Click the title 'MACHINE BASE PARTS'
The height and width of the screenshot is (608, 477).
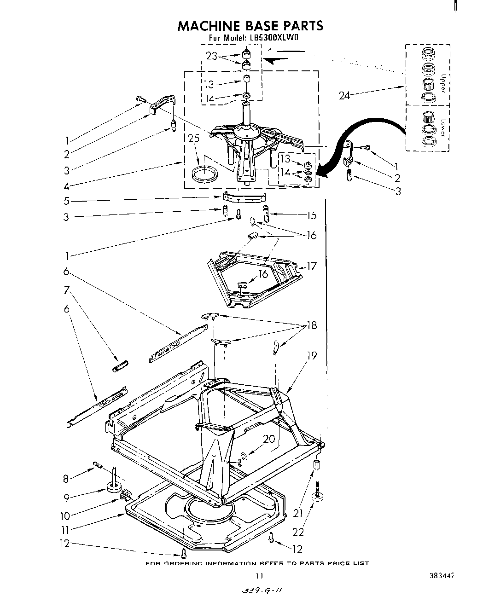click(250, 26)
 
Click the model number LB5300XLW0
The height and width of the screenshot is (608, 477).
click(276, 39)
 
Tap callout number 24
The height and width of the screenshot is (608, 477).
click(344, 95)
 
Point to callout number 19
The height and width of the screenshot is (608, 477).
click(312, 355)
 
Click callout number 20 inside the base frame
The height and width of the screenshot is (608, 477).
click(268, 439)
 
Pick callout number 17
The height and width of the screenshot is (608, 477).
click(312, 266)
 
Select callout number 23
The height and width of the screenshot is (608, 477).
click(212, 56)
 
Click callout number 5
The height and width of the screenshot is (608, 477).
click(67, 201)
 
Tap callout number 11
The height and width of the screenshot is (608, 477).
click(67, 530)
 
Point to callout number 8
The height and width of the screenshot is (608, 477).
click(66, 479)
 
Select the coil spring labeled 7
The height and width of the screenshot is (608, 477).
click(121, 367)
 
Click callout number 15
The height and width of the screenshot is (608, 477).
click(312, 214)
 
